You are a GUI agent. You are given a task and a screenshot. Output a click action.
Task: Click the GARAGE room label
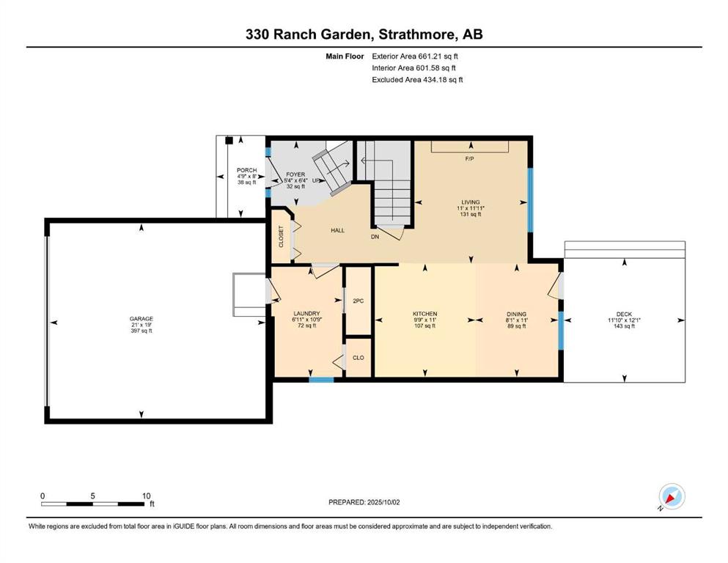pyautogui.click(x=141, y=318)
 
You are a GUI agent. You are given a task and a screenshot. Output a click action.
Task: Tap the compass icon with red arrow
pyautogui.click(x=672, y=496)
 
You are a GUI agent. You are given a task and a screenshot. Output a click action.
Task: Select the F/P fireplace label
pyautogui.click(x=469, y=159)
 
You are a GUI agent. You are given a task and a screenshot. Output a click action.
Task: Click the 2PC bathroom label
pyautogui.click(x=358, y=301)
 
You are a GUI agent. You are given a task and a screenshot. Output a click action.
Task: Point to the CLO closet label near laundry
pyautogui.click(x=359, y=358)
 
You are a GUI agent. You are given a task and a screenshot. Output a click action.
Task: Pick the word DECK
pyautogui.click(x=624, y=314)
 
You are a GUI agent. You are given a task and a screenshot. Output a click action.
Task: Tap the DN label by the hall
pyautogui.click(x=375, y=237)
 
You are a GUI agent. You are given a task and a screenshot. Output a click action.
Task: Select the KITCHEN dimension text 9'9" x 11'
pyautogui.click(x=424, y=320)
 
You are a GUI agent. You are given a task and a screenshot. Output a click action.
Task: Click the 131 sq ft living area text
pyautogui.click(x=471, y=215)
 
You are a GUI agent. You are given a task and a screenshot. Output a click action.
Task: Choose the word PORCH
pyautogui.click(x=246, y=170)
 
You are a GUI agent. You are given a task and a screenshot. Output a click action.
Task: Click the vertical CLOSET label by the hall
pyautogui.click(x=281, y=236)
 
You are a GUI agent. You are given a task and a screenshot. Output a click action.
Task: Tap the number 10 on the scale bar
pyautogui.click(x=146, y=496)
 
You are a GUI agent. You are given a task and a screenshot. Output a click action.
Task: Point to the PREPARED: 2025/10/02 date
pyautogui.click(x=364, y=502)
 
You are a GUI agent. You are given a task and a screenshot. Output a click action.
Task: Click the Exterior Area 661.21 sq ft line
pyautogui.click(x=415, y=56)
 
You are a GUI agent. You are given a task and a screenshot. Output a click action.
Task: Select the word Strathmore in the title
pyautogui.click(x=416, y=34)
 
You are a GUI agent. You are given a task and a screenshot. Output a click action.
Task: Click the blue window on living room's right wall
pyautogui.click(x=531, y=200)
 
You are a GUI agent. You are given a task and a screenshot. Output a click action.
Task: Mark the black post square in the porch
pyautogui.click(x=229, y=140)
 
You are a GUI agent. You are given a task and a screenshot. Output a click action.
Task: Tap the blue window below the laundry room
pyautogui.click(x=321, y=380)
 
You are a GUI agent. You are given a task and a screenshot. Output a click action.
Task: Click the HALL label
pyautogui.click(x=337, y=230)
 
